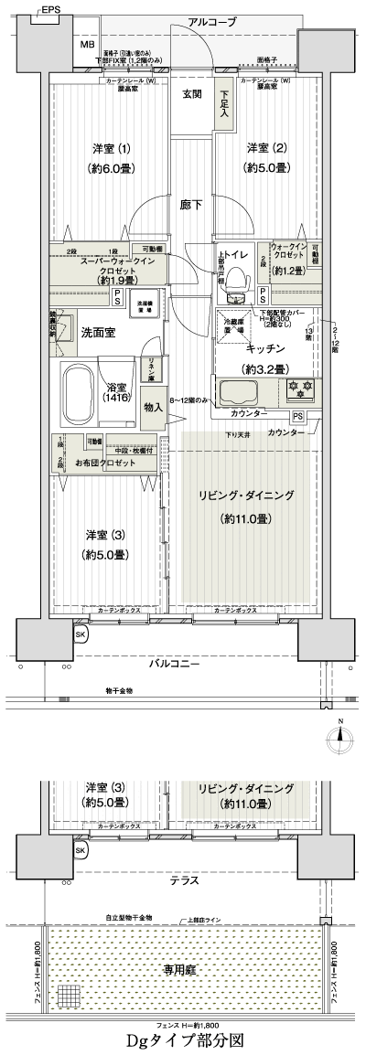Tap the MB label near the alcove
point(88,45)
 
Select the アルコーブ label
point(211,21)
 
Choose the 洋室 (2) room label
point(267,156)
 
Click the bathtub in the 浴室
point(89,393)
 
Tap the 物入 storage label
point(155,406)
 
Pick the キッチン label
point(264,349)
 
